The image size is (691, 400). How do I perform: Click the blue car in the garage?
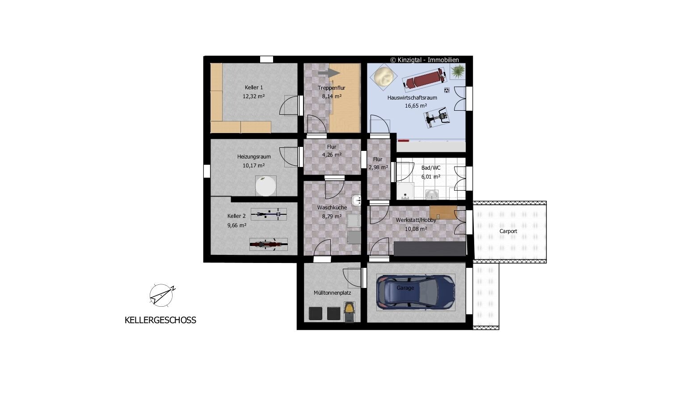click(416, 292)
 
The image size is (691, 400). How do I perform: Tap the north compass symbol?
click(161, 295)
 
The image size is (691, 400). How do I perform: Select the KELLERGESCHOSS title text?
click(160, 320)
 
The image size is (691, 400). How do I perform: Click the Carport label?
click(508, 231)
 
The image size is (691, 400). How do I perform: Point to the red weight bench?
click(425, 79)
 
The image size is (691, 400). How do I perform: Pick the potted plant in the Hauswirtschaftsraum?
click(458, 71)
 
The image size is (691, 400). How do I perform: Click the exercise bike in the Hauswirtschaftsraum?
click(437, 117)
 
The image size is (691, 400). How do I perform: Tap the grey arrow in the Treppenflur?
click(329, 73)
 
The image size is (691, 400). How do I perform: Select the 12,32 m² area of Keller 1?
click(253, 96)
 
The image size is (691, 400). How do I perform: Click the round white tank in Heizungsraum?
click(265, 186)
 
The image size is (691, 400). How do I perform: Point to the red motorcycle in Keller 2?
click(268, 244)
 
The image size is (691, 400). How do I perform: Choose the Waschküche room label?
click(332, 208)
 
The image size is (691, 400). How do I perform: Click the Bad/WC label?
click(430, 168)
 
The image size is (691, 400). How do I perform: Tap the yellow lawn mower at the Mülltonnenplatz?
click(349, 312)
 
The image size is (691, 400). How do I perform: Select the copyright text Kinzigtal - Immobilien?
click(425, 60)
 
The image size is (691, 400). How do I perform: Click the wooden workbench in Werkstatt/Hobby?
click(443, 212)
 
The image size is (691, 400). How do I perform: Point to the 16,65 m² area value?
click(416, 106)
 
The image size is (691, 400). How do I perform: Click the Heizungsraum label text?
click(254, 157)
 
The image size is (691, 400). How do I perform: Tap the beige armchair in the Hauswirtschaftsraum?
click(383, 77)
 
